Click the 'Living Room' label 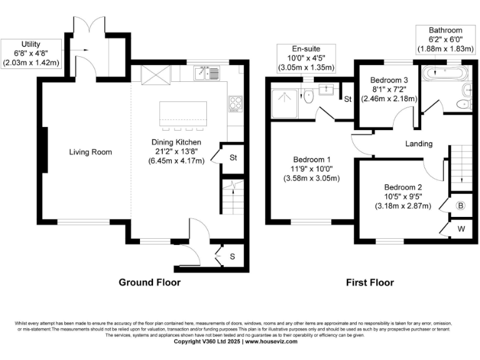coord(90,152)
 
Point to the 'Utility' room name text coord(31,44)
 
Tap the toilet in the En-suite coord(308,97)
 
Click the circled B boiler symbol coord(461,205)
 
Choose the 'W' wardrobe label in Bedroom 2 coord(461,229)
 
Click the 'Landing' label coord(419,144)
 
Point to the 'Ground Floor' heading coord(149,282)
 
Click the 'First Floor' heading coord(370,282)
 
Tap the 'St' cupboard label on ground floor coord(233,157)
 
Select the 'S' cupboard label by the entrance coord(232,256)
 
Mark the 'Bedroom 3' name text coord(389,81)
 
